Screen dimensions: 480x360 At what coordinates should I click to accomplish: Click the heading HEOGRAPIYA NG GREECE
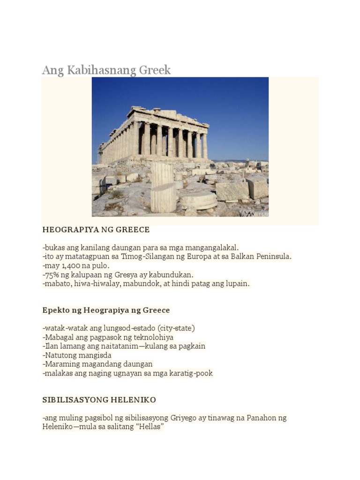(x=96, y=230)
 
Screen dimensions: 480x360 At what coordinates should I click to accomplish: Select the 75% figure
(x=51, y=275)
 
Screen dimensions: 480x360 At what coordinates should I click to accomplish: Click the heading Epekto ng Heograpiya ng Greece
(x=106, y=310)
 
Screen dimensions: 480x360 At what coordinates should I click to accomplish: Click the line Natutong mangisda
(x=77, y=355)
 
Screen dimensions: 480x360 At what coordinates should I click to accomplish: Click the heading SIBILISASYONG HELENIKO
(x=99, y=400)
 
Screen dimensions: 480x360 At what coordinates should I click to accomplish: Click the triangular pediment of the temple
(x=159, y=114)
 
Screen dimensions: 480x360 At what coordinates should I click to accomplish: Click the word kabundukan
(x=171, y=275)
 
